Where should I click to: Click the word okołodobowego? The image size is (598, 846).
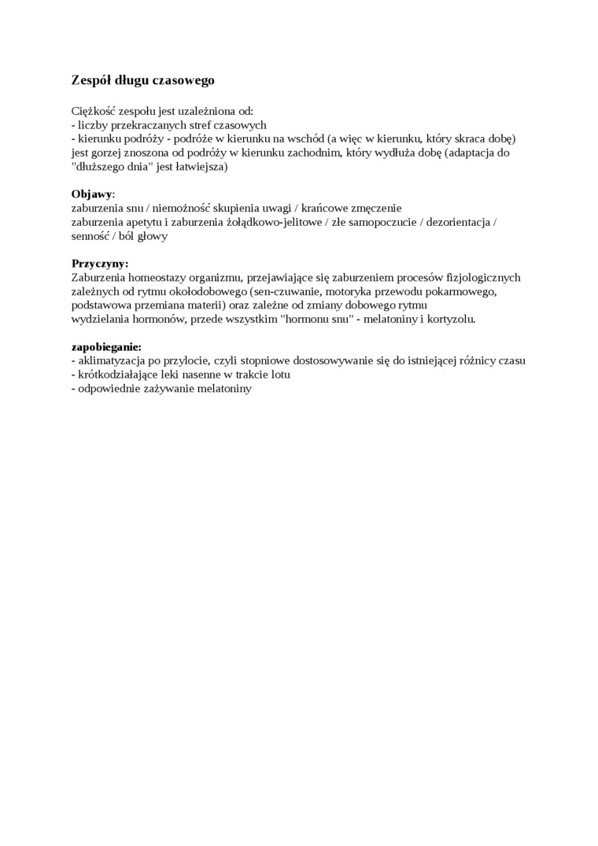click(207, 291)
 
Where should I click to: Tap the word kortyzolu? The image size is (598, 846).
click(452, 320)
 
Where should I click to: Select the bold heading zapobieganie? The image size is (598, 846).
click(106, 347)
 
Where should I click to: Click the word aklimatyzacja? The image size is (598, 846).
click(109, 360)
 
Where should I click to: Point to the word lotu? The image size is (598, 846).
click(276, 375)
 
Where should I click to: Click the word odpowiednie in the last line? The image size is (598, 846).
click(109, 389)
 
